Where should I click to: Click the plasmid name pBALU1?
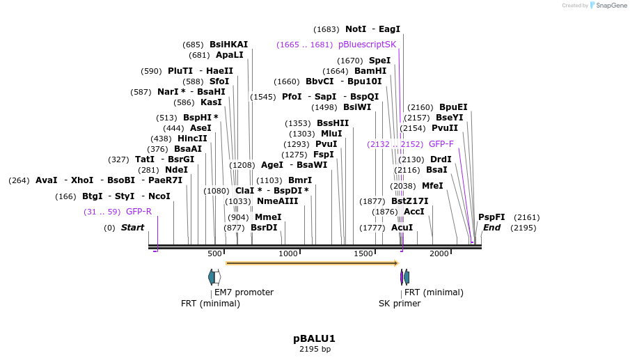click(x=314, y=338)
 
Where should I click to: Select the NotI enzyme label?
click(x=356, y=29)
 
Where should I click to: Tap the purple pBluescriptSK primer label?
click(x=367, y=45)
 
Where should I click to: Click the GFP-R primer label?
click(x=139, y=212)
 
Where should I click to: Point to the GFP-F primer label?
click(x=441, y=144)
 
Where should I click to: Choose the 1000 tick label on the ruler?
click(x=288, y=253)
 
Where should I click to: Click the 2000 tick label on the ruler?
click(x=439, y=253)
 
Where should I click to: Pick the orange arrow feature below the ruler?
click(x=312, y=263)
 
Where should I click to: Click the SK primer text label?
click(x=400, y=304)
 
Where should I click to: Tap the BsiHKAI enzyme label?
click(x=228, y=45)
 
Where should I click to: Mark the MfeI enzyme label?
click(x=432, y=186)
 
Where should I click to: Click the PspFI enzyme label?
click(x=491, y=217)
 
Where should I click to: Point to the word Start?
click(x=132, y=228)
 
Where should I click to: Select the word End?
click(x=491, y=228)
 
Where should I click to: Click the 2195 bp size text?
click(x=315, y=349)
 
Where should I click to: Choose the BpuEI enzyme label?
click(x=453, y=107)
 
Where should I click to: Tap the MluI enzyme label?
click(x=331, y=134)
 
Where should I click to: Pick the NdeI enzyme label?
click(x=176, y=170)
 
